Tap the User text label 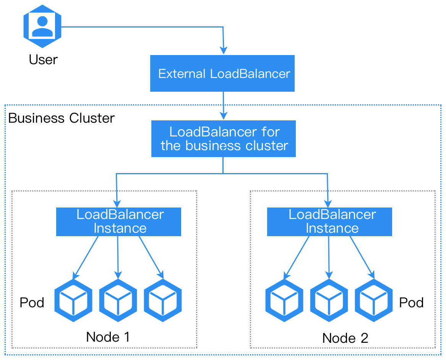click(x=43, y=60)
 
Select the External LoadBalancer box click(x=222, y=73)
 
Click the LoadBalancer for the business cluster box click(x=224, y=139)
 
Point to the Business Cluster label click(x=61, y=118)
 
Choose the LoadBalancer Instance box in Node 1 click(x=118, y=222)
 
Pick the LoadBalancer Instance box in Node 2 click(x=329, y=222)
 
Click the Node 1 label click(x=108, y=337)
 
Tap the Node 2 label click(x=345, y=338)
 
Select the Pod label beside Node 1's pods click(x=32, y=303)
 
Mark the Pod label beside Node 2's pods click(x=411, y=303)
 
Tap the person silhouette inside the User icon click(x=42, y=27)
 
